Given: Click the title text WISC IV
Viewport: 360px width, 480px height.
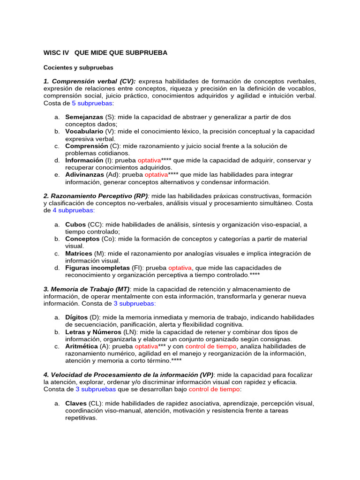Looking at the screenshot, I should coord(56,52).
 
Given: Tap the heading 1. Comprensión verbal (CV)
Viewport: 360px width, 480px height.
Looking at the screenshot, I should coord(90,81).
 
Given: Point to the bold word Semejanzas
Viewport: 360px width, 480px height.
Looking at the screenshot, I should coord(84,117).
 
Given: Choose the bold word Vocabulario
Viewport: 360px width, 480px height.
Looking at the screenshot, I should coord(84,131).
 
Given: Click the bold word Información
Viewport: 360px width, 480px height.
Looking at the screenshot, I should coord(84,160).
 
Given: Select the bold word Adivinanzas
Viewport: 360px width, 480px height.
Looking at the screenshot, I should coord(85,175).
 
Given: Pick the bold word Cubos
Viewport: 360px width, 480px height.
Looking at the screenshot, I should coord(75,225).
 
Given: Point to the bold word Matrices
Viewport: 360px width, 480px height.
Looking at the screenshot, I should coord(79,254).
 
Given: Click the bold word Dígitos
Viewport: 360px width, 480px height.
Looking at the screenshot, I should coord(76,317).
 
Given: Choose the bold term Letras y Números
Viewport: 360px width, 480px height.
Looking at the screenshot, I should coord(93,332).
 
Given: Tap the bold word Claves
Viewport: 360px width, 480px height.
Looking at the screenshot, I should coord(76,403).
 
